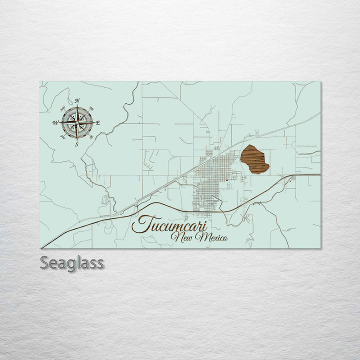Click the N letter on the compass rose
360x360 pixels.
click(x=77, y=101)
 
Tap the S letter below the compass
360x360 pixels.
click(x=76, y=144)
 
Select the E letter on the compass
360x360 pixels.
click(x=98, y=122)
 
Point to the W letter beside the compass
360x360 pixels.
click(x=55, y=122)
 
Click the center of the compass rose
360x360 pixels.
click(x=77, y=122)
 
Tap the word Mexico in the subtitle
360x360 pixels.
click(x=212, y=237)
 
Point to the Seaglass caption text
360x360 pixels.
click(x=72, y=263)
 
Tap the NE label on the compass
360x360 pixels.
click(x=91, y=108)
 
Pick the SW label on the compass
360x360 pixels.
click(x=63, y=137)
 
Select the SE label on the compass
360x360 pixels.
click(x=91, y=137)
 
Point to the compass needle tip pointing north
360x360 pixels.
click(x=77, y=107)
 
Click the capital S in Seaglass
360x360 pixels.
click(x=44, y=262)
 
